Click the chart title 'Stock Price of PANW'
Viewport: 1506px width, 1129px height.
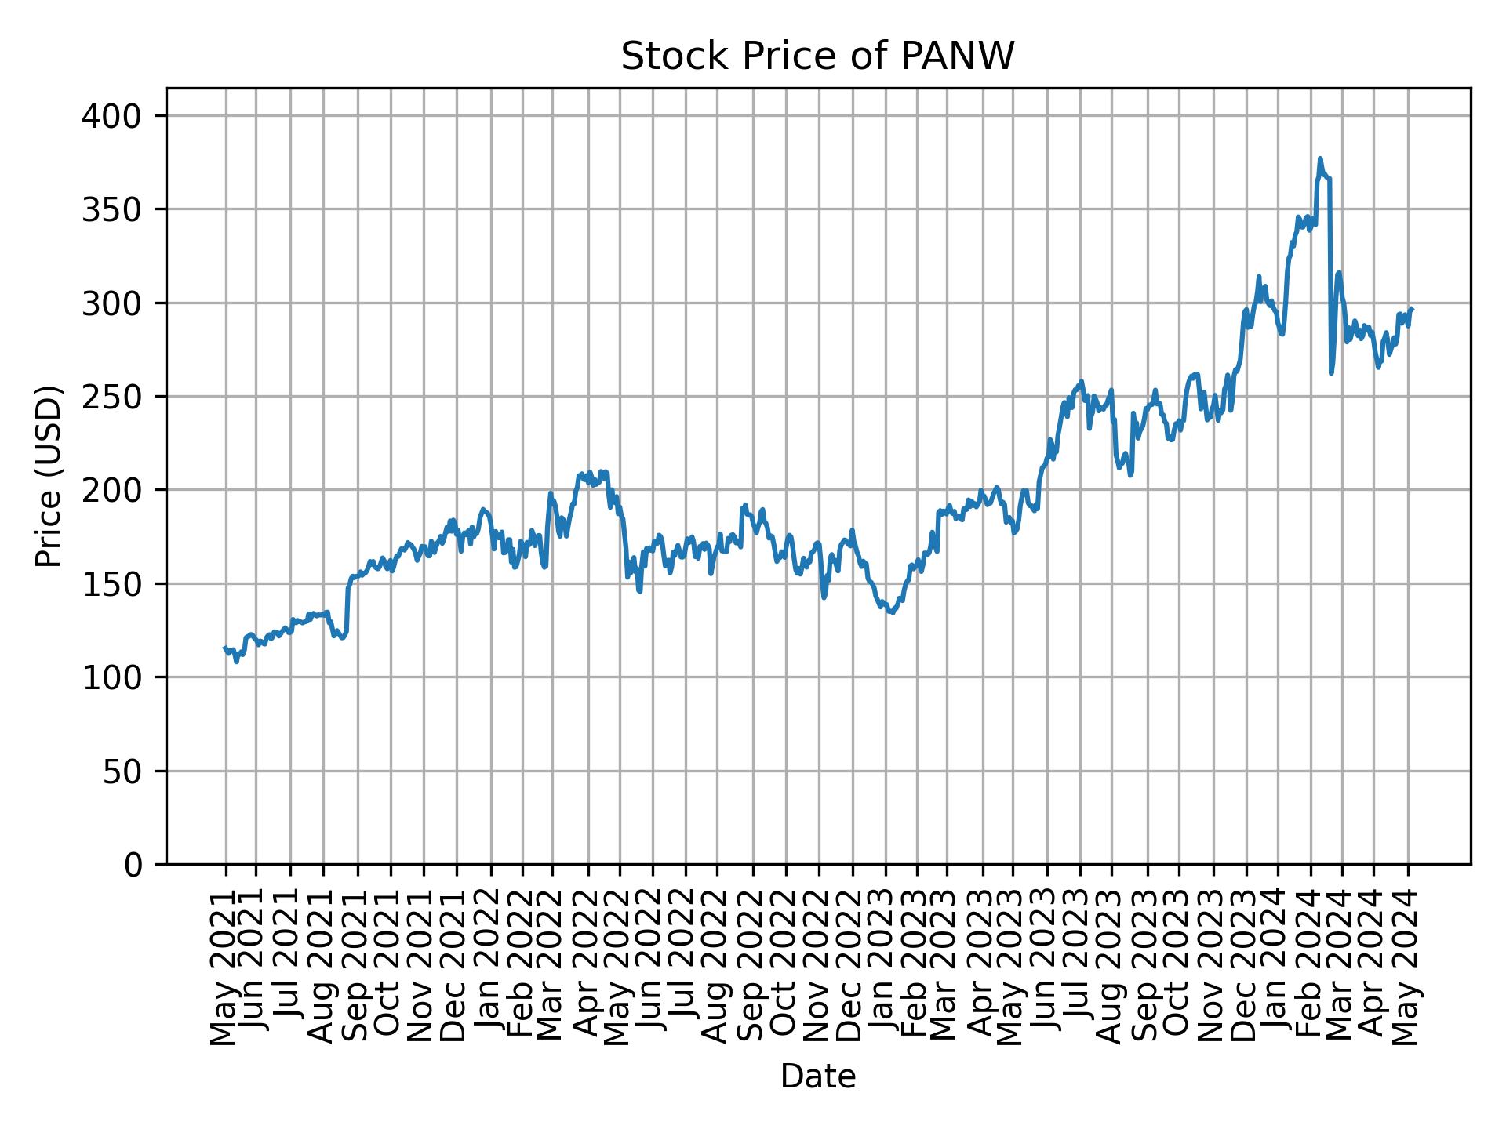pos(817,56)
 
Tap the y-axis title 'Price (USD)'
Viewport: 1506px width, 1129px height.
pos(49,476)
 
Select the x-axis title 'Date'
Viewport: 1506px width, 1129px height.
pos(817,1077)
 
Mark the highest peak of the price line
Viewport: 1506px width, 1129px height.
pos(1320,158)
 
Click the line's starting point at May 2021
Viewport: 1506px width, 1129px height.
pos(225,648)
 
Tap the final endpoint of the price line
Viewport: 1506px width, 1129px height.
pos(1412,309)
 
